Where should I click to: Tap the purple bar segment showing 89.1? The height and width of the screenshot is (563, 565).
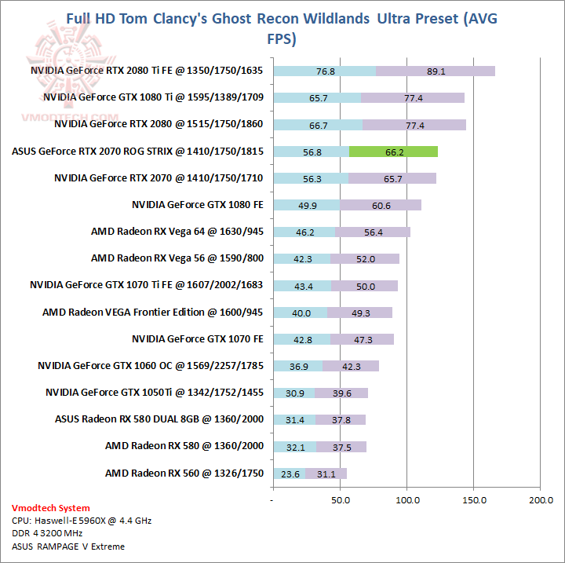(436, 71)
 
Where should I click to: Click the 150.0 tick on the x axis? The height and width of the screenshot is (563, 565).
(474, 499)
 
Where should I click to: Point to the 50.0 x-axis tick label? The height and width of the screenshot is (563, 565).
(341, 499)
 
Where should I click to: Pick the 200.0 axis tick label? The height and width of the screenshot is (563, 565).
(541, 499)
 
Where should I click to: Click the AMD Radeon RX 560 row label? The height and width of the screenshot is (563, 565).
(184, 473)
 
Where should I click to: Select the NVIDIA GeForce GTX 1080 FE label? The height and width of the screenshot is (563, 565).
(197, 205)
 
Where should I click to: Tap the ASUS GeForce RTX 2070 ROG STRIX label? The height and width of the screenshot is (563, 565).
(137, 152)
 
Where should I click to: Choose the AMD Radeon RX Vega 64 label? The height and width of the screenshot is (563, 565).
(177, 232)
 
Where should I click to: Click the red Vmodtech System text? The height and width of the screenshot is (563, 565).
(51, 508)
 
